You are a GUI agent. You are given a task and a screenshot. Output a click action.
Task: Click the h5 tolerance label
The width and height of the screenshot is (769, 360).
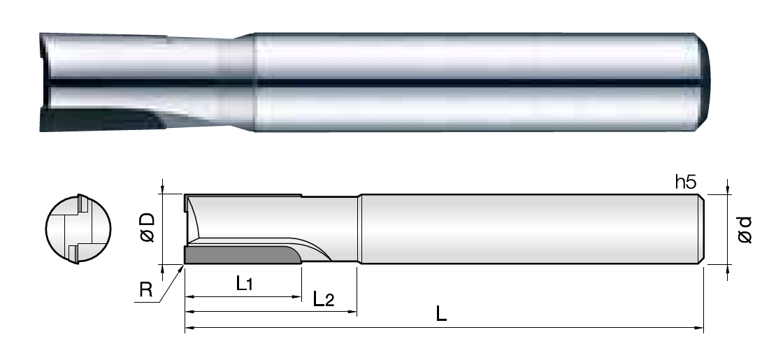pos(686,182)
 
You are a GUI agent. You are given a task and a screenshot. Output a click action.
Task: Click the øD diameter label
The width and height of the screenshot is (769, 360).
pos(148,228)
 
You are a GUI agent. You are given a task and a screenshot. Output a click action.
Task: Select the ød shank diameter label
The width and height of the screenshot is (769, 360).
pos(745,229)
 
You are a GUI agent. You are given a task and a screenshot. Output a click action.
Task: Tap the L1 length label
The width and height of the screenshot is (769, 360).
pos(244,284)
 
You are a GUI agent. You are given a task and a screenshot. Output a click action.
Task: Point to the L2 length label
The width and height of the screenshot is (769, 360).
pos(323,298)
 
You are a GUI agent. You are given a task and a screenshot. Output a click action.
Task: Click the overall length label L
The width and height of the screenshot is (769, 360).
pos(441,314)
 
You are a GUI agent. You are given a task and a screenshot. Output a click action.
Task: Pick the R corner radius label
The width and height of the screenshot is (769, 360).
pos(146,290)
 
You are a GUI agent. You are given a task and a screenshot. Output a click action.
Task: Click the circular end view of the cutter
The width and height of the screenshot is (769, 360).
pos(78,229)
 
